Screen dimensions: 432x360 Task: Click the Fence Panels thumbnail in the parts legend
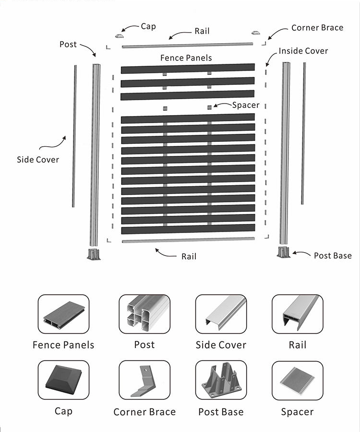(63, 314)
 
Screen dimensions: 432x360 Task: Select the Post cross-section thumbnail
(144, 314)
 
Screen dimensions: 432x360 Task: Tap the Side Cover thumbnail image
(221, 314)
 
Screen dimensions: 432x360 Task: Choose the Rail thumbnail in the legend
(297, 314)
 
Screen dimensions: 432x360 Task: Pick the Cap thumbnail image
(63, 380)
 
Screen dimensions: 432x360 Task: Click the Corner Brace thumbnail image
(144, 380)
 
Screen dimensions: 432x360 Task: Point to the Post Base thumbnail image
(221, 380)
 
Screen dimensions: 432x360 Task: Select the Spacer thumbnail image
(297, 380)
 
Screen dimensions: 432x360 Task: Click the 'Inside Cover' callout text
(303, 51)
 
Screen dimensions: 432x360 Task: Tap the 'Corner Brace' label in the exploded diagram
(317, 27)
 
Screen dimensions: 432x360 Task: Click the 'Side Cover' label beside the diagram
(38, 159)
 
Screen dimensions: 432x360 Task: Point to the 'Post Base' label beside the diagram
(333, 256)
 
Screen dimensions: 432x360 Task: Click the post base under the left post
(94, 254)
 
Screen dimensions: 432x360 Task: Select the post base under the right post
(284, 252)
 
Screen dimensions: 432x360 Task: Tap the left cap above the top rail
(120, 35)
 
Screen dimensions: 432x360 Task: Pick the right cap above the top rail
(255, 33)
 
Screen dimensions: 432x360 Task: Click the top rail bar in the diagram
(187, 45)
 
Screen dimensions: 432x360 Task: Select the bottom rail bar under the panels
(188, 240)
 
